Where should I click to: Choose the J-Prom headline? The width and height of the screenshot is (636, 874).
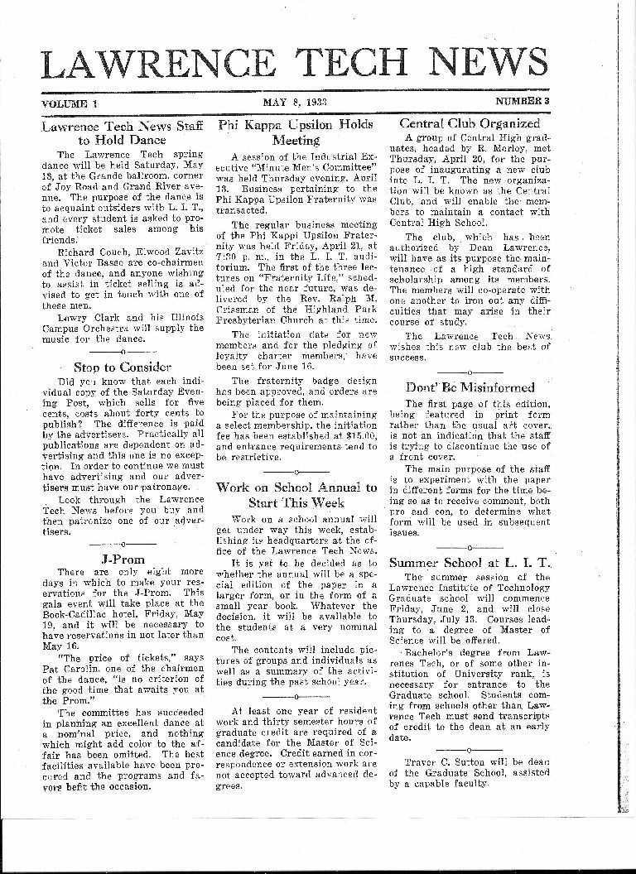tap(122, 559)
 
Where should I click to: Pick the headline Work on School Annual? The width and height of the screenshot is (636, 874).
tap(296, 495)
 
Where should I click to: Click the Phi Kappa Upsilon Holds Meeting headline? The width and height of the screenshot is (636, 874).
tap(296, 132)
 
